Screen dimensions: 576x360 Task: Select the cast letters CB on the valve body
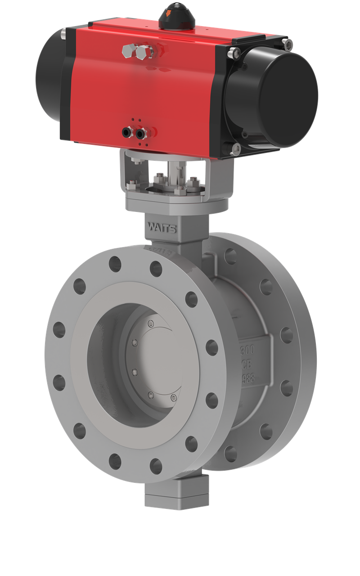(247, 363)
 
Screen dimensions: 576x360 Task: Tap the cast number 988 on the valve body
(248, 378)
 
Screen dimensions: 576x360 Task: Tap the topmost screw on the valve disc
(150, 323)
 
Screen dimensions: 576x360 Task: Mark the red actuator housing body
(148, 90)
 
